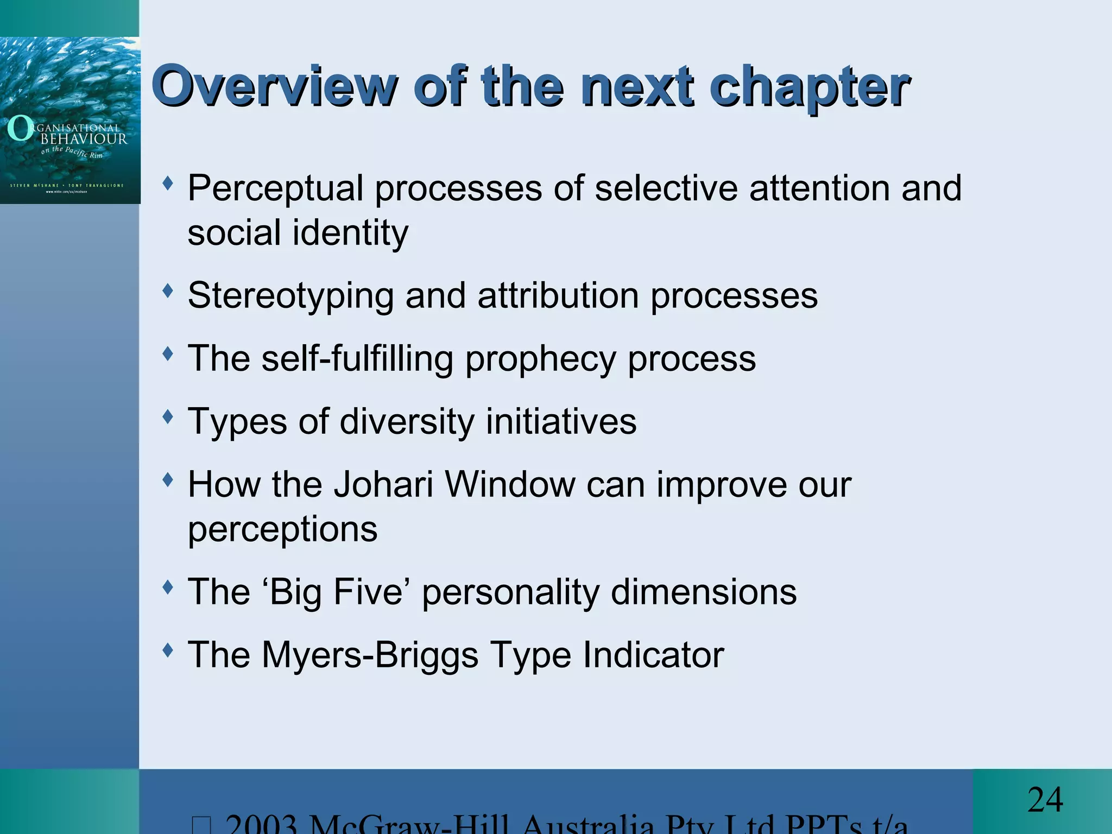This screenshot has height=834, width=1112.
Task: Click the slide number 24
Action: (x=1045, y=800)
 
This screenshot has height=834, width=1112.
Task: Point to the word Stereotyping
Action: (x=290, y=296)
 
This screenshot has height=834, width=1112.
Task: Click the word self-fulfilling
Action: (x=357, y=359)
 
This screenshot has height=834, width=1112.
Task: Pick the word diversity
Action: (x=406, y=421)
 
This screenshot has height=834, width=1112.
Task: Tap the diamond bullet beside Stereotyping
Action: (x=168, y=291)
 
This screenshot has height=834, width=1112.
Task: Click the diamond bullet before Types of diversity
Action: (x=168, y=417)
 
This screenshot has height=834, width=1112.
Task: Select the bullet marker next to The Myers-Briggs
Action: (x=168, y=649)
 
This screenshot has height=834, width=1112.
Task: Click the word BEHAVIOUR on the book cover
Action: (x=84, y=139)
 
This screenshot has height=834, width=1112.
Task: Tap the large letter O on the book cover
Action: (x=20, y=129)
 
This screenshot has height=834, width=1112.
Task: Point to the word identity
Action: (x=350, y=233)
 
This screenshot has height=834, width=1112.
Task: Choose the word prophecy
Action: (x=540, y=359)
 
